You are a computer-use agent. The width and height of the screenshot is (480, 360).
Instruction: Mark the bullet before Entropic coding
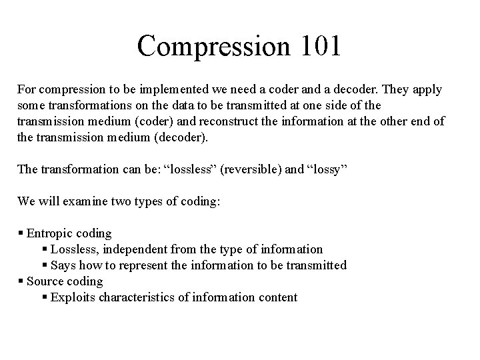pos(21,233)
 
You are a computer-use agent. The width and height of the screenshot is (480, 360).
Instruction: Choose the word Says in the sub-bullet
pos(64,265)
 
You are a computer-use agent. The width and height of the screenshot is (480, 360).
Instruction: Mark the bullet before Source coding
pos(21,281)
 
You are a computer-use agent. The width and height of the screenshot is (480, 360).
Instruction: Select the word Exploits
pos(73,297)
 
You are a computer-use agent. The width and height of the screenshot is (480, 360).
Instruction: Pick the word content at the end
pos(276,297)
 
